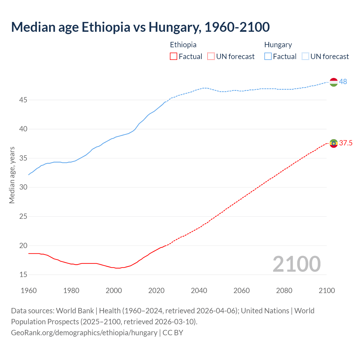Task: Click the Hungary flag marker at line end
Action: coord(333,82)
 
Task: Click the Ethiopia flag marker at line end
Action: coord(334,143)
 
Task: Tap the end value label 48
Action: coord(343,82)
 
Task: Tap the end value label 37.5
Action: coord(346,143)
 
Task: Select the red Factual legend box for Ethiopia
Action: coord(174,57)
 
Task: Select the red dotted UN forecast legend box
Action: coord(211,57)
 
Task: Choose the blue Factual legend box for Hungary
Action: coord(268,57)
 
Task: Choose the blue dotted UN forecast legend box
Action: coord(305,57)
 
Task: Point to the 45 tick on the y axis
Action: coord(23,100)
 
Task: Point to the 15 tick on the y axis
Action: coord(23,274)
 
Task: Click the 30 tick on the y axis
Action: coord(23,187)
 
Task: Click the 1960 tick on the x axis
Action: coord(29,291)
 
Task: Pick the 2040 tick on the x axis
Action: coord(199,291)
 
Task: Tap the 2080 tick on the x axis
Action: coord(284,291)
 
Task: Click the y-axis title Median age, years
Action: coord(12,175)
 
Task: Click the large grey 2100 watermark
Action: coord(296,264)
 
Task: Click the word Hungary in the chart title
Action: coord(175,27)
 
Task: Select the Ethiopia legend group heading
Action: coord(183,45)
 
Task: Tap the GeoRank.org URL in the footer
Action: coord(84,332)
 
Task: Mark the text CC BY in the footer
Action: coord(173,332)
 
